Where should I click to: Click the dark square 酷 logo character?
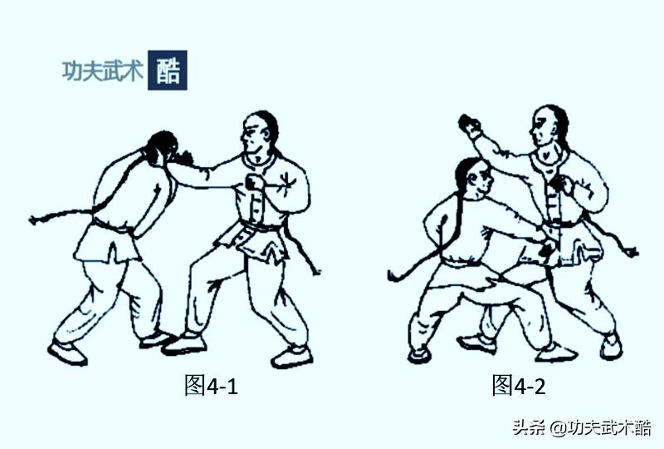pos(167,70)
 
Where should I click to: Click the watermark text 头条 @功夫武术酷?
pos(580,428)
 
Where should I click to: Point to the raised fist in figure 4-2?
pos(471,127)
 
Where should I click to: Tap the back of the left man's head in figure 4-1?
pos(159,148)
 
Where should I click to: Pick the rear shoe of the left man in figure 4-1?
pos(67,353)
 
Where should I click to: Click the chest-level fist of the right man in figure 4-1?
pos(253,182)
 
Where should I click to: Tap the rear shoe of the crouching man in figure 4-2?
pos(419,354)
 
